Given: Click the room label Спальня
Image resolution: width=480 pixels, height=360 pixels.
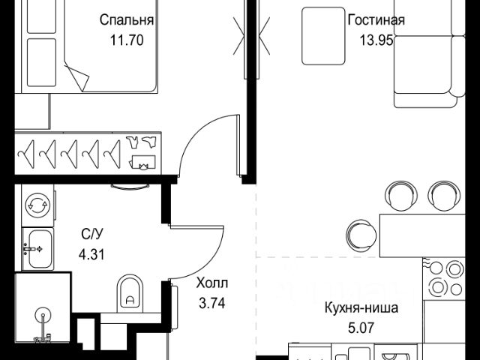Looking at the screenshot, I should (x=126, y=20).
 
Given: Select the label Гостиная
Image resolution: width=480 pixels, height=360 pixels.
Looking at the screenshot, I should (x=376, y=20).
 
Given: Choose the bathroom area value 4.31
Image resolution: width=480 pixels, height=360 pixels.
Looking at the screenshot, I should (x=92, y=253).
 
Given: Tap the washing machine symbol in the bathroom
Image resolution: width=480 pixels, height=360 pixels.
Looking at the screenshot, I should (x=37, y=204).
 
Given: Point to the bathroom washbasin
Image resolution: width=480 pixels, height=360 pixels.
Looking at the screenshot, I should (x=36, y=247).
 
